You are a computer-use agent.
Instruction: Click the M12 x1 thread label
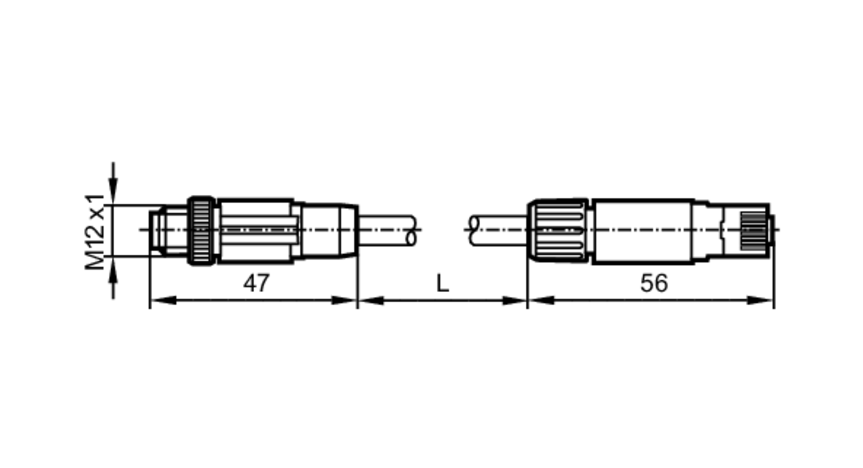94,231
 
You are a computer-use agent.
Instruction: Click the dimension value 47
256,283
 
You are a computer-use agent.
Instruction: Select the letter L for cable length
443,284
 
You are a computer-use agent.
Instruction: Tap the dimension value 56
654,283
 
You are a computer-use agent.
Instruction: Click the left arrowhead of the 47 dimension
163,300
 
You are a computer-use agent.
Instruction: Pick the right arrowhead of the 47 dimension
344,300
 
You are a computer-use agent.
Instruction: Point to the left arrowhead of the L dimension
371,300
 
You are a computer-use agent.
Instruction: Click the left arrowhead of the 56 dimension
541,300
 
